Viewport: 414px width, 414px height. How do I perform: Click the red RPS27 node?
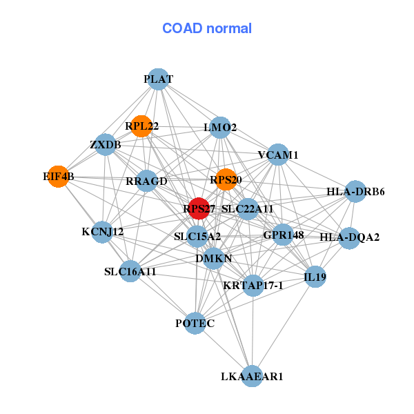pyautogui.click(x=199, y=208)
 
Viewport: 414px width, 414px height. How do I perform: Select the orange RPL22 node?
pyautogui.click(x=141, y=126)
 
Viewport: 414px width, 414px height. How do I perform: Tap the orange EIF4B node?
pyautogui.click(x=59, y=177)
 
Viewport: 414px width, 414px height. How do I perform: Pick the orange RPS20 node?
pyautogui.click(x=226, y=179)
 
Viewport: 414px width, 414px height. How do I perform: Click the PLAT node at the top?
pyautogui.click(x=158, y=79)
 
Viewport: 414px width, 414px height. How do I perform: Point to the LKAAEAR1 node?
pyautogui.click(x=252, y=376)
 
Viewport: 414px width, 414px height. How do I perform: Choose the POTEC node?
pyautogui.click(x=195, y=323)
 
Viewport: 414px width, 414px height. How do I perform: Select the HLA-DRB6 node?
pyautogui.click(x=355, y=191)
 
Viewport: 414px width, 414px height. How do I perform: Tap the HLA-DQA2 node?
pyautogui.click(x=349, y=238)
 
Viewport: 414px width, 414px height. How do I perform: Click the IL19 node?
pyautogui.click(x=315, y=277)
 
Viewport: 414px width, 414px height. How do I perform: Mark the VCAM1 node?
pyautogui.click(x=278, y=155)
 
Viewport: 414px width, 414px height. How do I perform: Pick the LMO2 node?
pyautogui.click(x=220, y=128)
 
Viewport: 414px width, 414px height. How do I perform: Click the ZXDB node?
pyautogui.click(x=106, y=145)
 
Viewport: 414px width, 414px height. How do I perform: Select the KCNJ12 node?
pyautogui.click(x=102, y=232)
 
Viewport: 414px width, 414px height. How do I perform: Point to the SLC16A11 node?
pyautogui.click(x=130, y=271)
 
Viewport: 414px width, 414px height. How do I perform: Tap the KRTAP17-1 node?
pyautogui.click(x=253, y=286)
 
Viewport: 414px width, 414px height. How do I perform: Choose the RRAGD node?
pyautogui.click(x=146, y=181)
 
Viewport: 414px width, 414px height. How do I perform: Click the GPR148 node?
pyautogui.click(x=283, y=235)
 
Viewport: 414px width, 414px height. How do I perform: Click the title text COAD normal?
pyautogui.click(x=207, y=28)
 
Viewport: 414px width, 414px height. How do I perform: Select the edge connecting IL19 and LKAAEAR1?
pyautogui.click(x=284, y=326)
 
